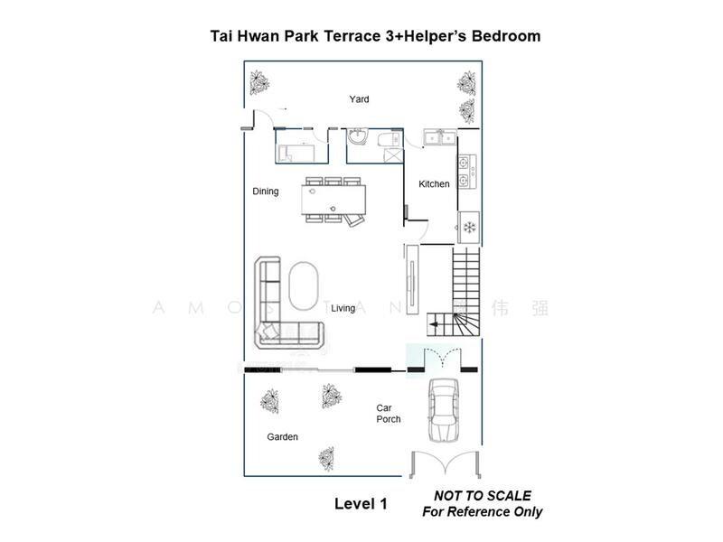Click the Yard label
pos(359,99)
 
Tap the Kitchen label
pos(434,184)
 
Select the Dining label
pos(266,192)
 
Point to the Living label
pos(343,309)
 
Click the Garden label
pos(282,437)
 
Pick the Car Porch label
pos(389,414)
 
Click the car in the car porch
pos(443,409)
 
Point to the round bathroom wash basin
pos(358,137)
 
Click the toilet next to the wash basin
pos(387,141)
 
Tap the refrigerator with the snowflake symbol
pos(469,225)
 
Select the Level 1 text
pos(361,504)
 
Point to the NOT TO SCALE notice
pos(482,496)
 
